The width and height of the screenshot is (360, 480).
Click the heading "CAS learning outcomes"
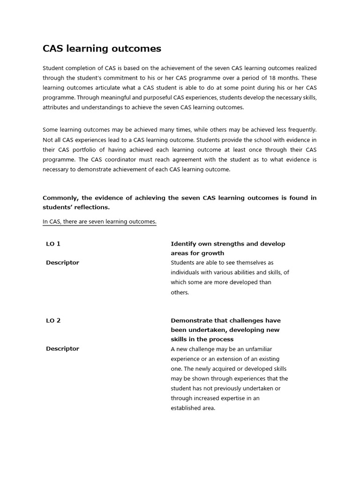102,49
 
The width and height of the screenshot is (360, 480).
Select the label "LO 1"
53,244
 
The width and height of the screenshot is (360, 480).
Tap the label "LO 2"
53,321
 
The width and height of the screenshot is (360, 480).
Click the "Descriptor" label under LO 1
62,262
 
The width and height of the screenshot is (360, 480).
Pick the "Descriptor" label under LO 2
62,349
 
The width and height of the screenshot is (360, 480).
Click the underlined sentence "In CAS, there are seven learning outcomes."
99,222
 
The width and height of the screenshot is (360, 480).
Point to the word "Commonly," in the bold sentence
60,198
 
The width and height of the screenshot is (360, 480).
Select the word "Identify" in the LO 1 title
183,244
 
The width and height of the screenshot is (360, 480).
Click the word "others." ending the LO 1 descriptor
180,292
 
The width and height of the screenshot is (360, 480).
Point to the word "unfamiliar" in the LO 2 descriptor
255,349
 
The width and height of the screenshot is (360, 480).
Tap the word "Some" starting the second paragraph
51,130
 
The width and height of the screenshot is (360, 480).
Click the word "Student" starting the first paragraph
53,68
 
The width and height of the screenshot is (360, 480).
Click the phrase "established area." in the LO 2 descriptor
193,408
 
